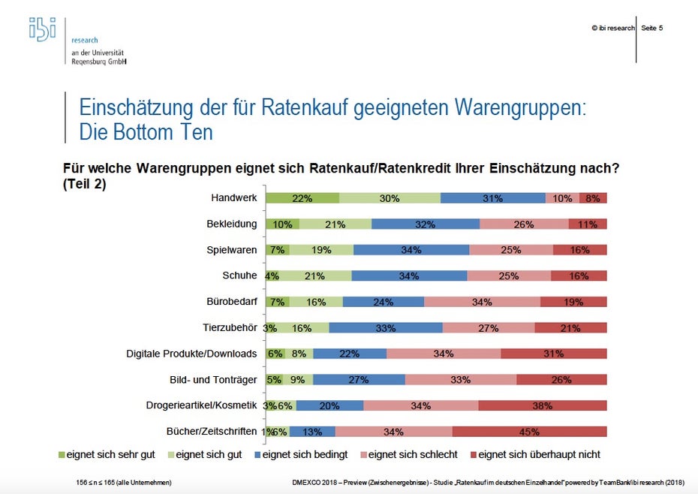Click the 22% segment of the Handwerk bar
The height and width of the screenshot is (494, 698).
302,198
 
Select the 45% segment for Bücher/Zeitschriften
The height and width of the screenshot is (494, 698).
529,432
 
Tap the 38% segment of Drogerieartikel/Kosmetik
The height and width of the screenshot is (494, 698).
542,405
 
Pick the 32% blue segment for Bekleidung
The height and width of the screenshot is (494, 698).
425,224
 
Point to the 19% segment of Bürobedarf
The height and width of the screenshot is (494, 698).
573,302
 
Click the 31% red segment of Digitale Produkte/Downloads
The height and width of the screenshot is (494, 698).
553,354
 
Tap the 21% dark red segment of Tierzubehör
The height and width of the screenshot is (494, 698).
570,328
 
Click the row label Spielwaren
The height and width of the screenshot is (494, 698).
232,250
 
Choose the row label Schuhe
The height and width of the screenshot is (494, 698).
240,276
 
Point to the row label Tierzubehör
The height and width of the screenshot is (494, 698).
230,327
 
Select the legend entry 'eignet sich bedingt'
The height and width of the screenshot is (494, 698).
301,454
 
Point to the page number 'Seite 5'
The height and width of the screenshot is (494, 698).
651,28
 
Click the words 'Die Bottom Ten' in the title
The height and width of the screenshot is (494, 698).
146,132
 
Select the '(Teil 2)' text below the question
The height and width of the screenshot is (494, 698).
84,182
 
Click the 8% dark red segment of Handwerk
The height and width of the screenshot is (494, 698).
593,198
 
